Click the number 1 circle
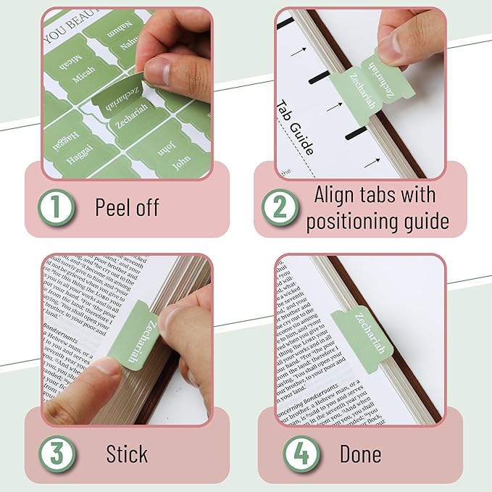(57, 208)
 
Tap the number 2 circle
(280, 208)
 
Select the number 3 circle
(57, 454)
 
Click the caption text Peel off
(127, 208)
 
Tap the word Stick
(127, 454)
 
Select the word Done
(360, 454)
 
